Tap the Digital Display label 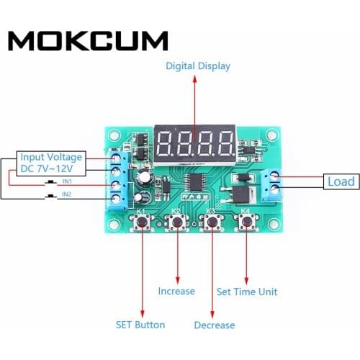click(198, 66)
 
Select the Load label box click(341, 182)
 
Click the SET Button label click(140, 324)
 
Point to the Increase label click(176, 291)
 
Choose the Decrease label click(215, 325)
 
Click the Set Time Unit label click(247, 292)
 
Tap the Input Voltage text click(51, 157)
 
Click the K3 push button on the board click(212, 224)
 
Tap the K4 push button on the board click(246, 224)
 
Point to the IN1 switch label click(66, 181)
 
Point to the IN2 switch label click(66, 194)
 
